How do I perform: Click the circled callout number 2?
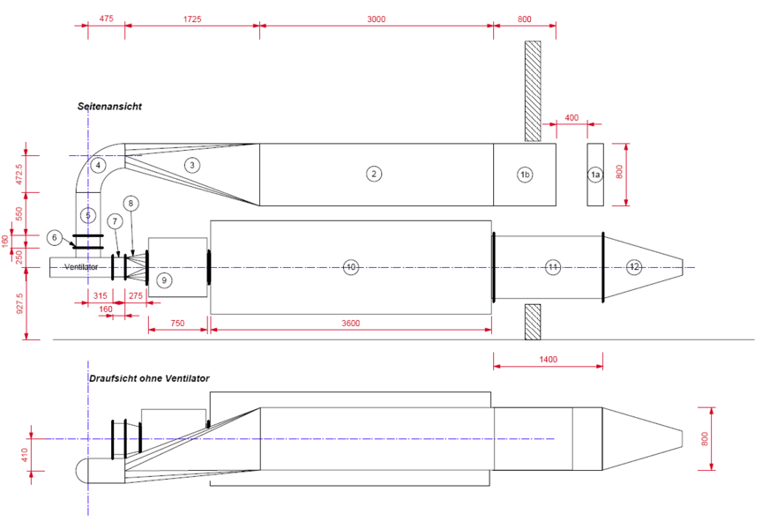click(x=374, y=175)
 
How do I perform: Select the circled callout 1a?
click(x=594, y=175)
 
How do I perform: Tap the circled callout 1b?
click(x=525, y=175)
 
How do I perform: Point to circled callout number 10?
click(x=350, y=267)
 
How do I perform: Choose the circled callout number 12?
click(x=634, y=267)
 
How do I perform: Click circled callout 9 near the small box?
click(x=163, y=279)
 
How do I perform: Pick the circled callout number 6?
click(x=54, y=237)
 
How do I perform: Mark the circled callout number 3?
click(x=192, y=165)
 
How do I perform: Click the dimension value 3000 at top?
click(x=377, y=19)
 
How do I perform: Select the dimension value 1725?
click(x=192, y=19)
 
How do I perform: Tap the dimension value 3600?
click(x=350, y=324)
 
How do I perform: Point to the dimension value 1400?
click(x=548, y=359)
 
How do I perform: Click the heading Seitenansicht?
click(x=109, y=107)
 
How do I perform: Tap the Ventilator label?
click(x=81, y=266)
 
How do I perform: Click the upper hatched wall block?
click(x=533, y=91)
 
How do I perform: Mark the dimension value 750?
click(x=178, y=324)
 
